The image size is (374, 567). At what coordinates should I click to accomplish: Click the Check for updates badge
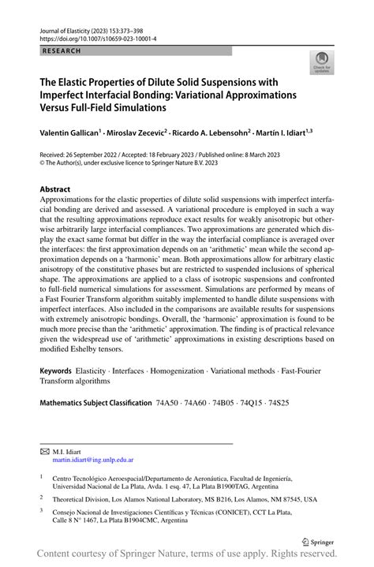click(x=321, y=64)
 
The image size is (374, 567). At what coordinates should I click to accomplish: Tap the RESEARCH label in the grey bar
click(x=52, y=50)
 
